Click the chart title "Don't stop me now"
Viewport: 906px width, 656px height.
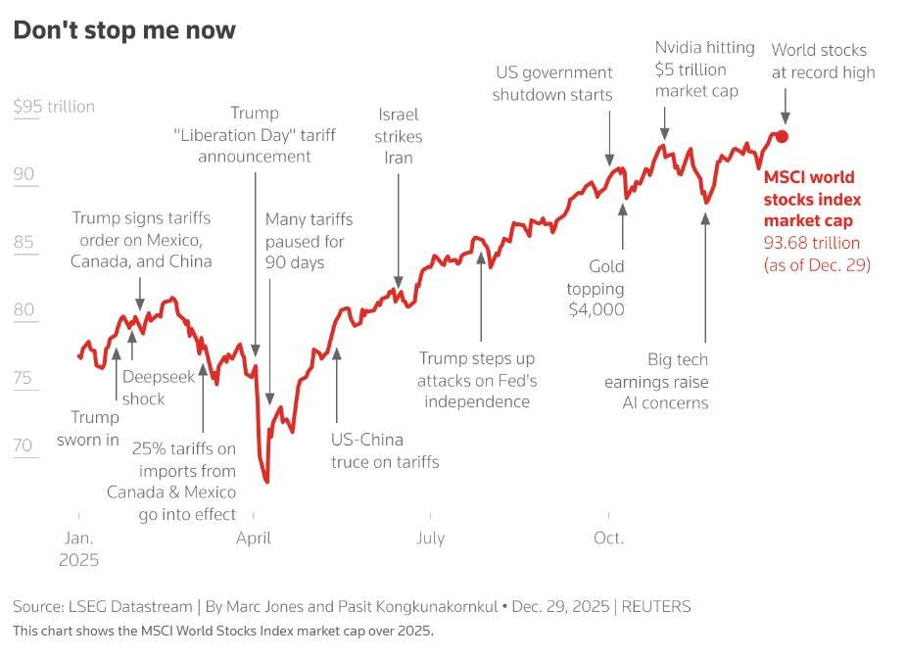click(x=124, y=30)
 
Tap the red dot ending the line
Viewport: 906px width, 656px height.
click(x=782, y=137)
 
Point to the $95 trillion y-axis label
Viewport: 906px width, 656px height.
click(x=54, y=107)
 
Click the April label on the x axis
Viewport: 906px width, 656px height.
click(x=253, y=538)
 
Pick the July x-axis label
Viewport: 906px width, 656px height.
click(x=430, y=538)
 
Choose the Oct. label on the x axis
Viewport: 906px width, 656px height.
click(x=608, y=538)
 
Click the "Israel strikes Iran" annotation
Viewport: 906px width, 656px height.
click(x=399, y=135)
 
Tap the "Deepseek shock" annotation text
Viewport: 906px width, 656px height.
click(x=144, y=388)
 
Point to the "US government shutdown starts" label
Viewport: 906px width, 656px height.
click(x=552, y=83)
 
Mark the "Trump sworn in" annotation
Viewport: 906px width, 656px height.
click(x=87, y=428)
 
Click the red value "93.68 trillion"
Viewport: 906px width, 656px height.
click(x=812, y=243)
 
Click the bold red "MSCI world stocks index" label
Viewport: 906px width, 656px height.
click(x=809, y=199)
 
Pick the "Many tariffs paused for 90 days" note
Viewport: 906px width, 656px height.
click(x=309, y=241)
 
